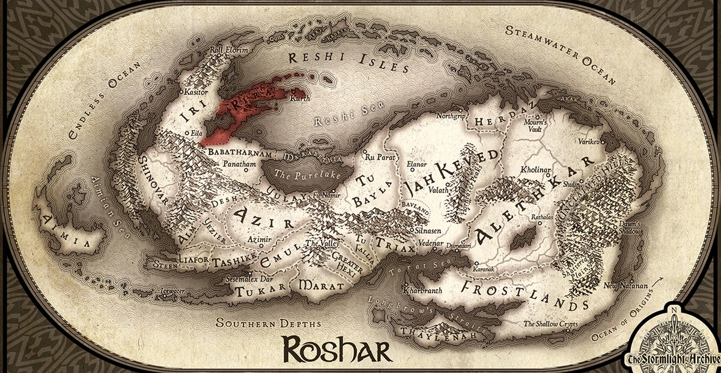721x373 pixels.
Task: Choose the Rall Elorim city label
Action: pyautogui.click(x=228, y=51)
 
